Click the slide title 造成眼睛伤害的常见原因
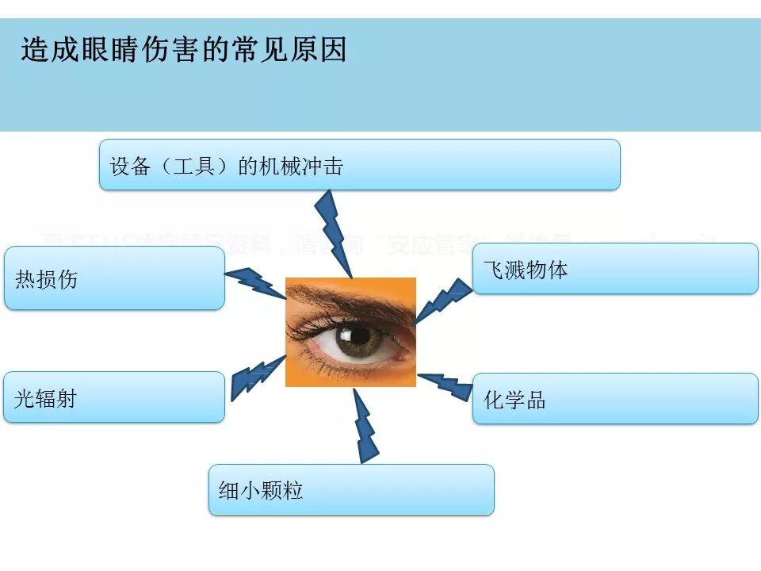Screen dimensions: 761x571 [184, 50]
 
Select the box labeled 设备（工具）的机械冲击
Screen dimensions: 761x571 [359, 165]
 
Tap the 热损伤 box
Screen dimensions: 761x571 [114, 278]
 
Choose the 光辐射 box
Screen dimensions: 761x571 [114, 397]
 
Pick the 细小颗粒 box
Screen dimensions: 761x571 [351, 489]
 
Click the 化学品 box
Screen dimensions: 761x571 [615, 399]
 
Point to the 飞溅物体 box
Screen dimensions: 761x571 [615, 269]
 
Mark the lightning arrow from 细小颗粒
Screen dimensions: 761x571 [364, 426]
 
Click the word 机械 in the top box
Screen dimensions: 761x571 [281, 167]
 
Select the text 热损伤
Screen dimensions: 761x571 [47, 279]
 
